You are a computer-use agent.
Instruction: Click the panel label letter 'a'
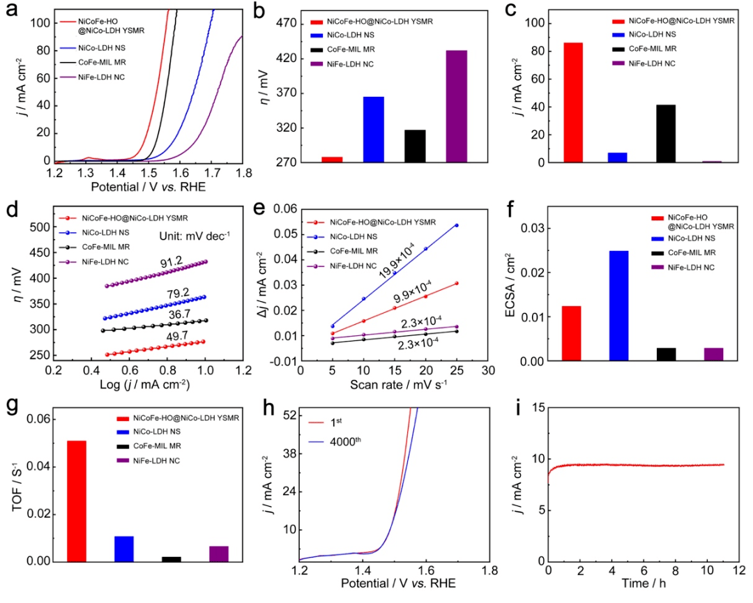tap(11, 14)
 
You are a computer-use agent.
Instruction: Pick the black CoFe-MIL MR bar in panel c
tap(665, 133)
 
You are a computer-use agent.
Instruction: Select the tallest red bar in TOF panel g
tap(76, 501)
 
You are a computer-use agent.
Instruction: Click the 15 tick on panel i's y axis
tap(535, 408)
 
